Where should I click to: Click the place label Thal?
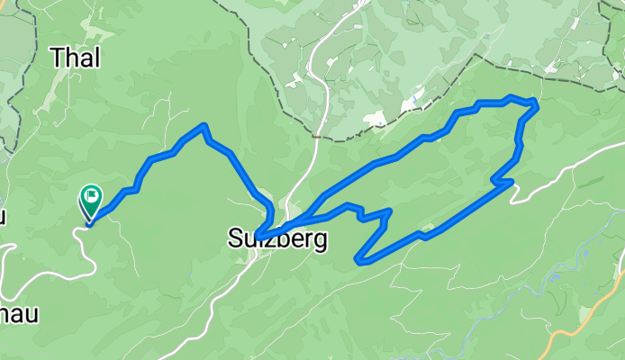76,58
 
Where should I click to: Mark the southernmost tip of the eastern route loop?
359,262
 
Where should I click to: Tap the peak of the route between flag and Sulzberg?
205,125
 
